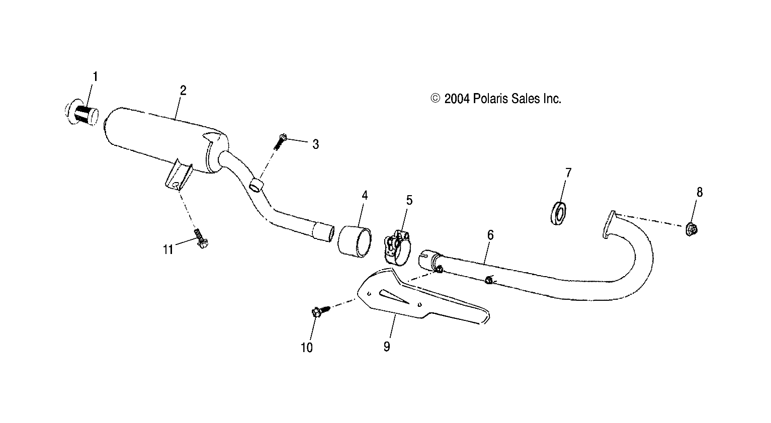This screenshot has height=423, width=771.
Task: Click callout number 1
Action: click(x=95, y=77)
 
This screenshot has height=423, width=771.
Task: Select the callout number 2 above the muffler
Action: click(x=183, y=91)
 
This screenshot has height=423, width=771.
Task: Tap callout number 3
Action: click(x=315, y=145)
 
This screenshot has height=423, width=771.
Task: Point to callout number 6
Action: click(x=490, y=235)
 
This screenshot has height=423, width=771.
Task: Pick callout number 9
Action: click(x=386, y=347)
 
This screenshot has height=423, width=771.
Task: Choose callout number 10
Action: click(x=307, y=347)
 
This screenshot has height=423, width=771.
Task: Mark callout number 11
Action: click(x=167, y=249)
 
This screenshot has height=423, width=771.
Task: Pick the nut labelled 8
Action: click(x=692, y=229)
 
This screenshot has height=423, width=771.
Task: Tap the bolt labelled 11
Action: click(x=201, y=238)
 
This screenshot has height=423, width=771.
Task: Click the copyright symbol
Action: click(x=436, y=99)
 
